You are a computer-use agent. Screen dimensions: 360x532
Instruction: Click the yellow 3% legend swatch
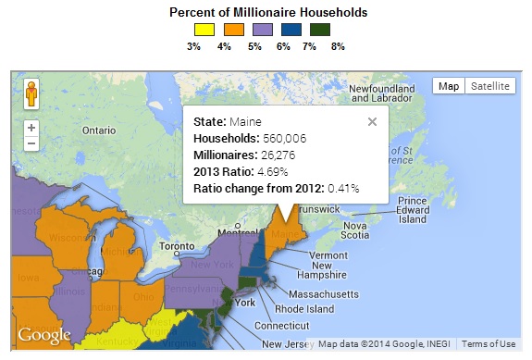(194, 30)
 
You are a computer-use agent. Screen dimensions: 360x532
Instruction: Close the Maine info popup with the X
(372, 120)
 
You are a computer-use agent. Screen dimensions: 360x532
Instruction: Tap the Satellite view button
(489, 86)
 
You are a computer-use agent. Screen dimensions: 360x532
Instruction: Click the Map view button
(449, 86)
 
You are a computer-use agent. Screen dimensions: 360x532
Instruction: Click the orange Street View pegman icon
(31, 94)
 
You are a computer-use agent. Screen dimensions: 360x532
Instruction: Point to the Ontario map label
(98, 130)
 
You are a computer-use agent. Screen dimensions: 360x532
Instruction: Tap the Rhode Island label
(302, 309)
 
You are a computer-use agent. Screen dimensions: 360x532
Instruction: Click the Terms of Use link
(489, 344)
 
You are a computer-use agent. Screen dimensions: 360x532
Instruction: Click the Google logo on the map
(44, 335)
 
